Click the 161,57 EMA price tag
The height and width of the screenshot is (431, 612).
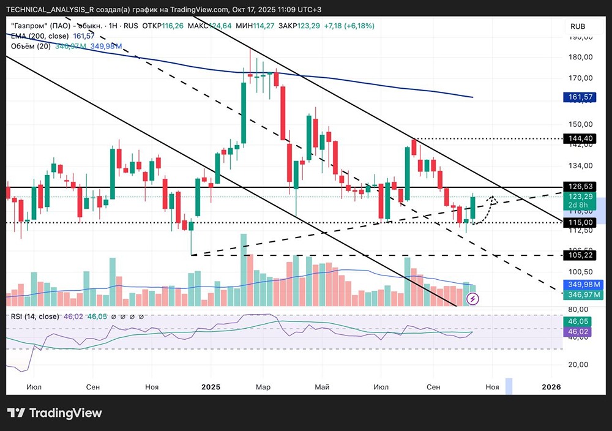578,97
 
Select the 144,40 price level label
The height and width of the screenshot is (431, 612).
578,139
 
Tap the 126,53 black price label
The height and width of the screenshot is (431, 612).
578,187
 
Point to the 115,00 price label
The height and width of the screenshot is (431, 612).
578,222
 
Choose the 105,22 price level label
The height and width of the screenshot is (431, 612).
578,255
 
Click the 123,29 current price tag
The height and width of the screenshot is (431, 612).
578,197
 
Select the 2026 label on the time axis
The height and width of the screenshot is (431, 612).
551,387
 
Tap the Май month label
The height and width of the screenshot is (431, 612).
322,387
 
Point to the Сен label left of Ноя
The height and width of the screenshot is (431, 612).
93,387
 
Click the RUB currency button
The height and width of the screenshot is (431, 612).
578,26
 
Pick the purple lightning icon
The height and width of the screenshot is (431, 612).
472,299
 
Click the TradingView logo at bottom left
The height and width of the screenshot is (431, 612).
54,413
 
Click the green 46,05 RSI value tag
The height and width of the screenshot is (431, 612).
578,321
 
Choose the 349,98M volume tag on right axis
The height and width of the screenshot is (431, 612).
578,285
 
